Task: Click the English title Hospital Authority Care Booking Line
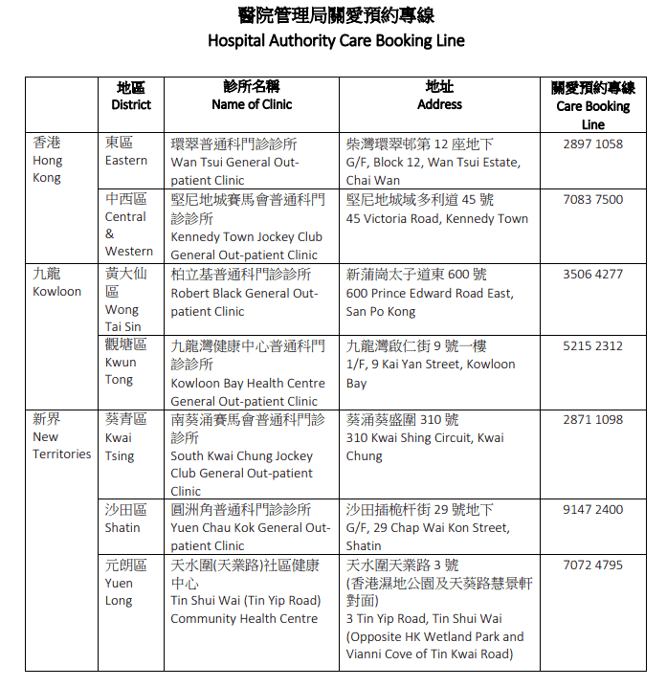coord(336,41)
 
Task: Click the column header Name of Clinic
coord(252,104)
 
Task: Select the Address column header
coord(439,104)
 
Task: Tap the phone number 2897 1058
coord(592,144)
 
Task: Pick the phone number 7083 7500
coord(592,200)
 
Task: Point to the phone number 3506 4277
coord(592,274)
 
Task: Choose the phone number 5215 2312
coord(592,346)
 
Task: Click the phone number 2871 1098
coord(592,420)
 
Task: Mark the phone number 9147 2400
coord(592,510)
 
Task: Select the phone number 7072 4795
coord(592,565)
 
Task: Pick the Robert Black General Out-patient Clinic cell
coord(245,292)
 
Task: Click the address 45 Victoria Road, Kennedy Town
coord(436,218)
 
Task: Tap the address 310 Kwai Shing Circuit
coord(425,438)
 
